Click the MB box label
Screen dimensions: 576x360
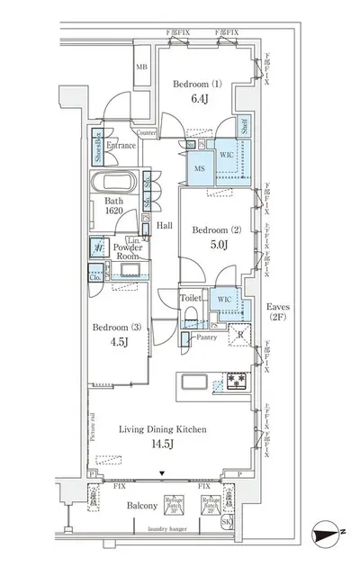(x=141, y=67)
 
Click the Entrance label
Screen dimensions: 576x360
(x=121, y=144)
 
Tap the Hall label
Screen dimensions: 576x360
(x=164, y=226)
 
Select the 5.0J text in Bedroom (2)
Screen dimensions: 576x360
(x=211, y=245)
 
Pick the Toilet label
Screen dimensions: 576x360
(x=190, y=298)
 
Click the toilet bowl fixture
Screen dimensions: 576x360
(x=190, y=315)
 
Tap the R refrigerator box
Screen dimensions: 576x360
(x=240, y=335)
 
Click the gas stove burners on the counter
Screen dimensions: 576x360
(x=235, y=381)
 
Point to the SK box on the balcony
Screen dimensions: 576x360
(x=250, y=523)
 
